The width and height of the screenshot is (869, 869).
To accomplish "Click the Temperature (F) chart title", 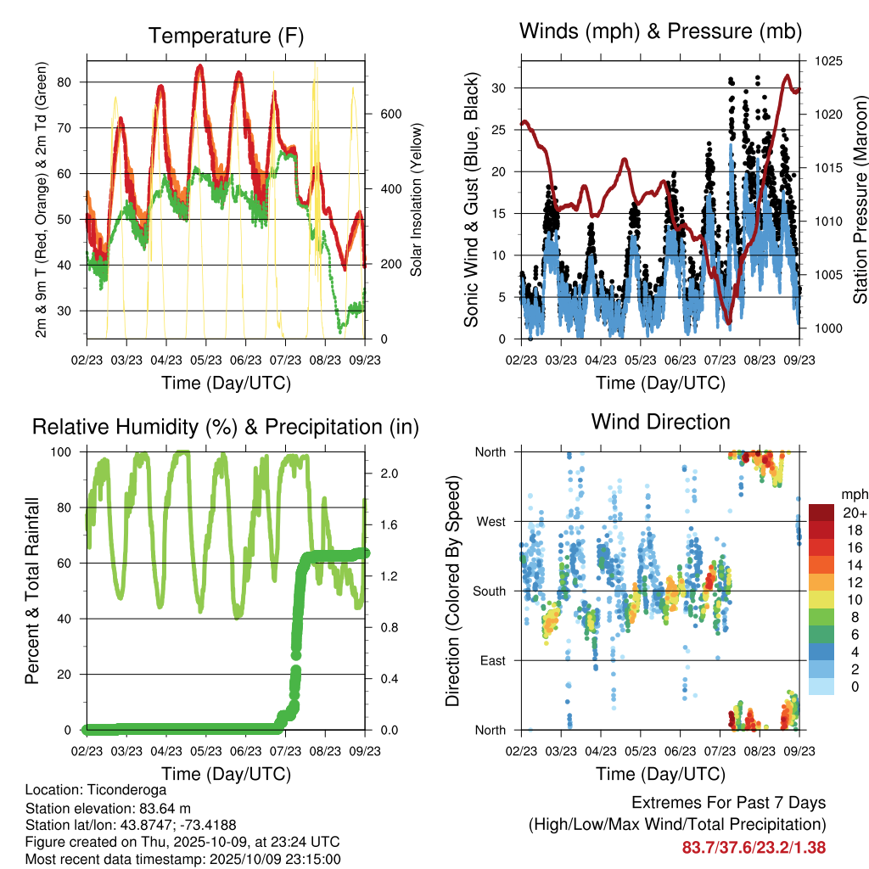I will click(225, 36).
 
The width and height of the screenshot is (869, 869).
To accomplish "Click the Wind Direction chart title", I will click(660, 422).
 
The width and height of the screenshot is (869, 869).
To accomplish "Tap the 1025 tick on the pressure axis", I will click(828, 61).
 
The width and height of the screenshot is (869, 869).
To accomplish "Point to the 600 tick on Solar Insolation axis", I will click(389, 115).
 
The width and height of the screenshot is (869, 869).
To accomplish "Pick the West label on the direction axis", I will click(491, 521).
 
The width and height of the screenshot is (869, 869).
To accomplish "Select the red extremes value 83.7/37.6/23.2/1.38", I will click(754, 847).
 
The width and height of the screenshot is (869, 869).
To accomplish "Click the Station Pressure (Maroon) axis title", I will click(860, 200).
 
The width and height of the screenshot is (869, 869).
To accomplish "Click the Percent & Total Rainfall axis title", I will click(32, 590).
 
